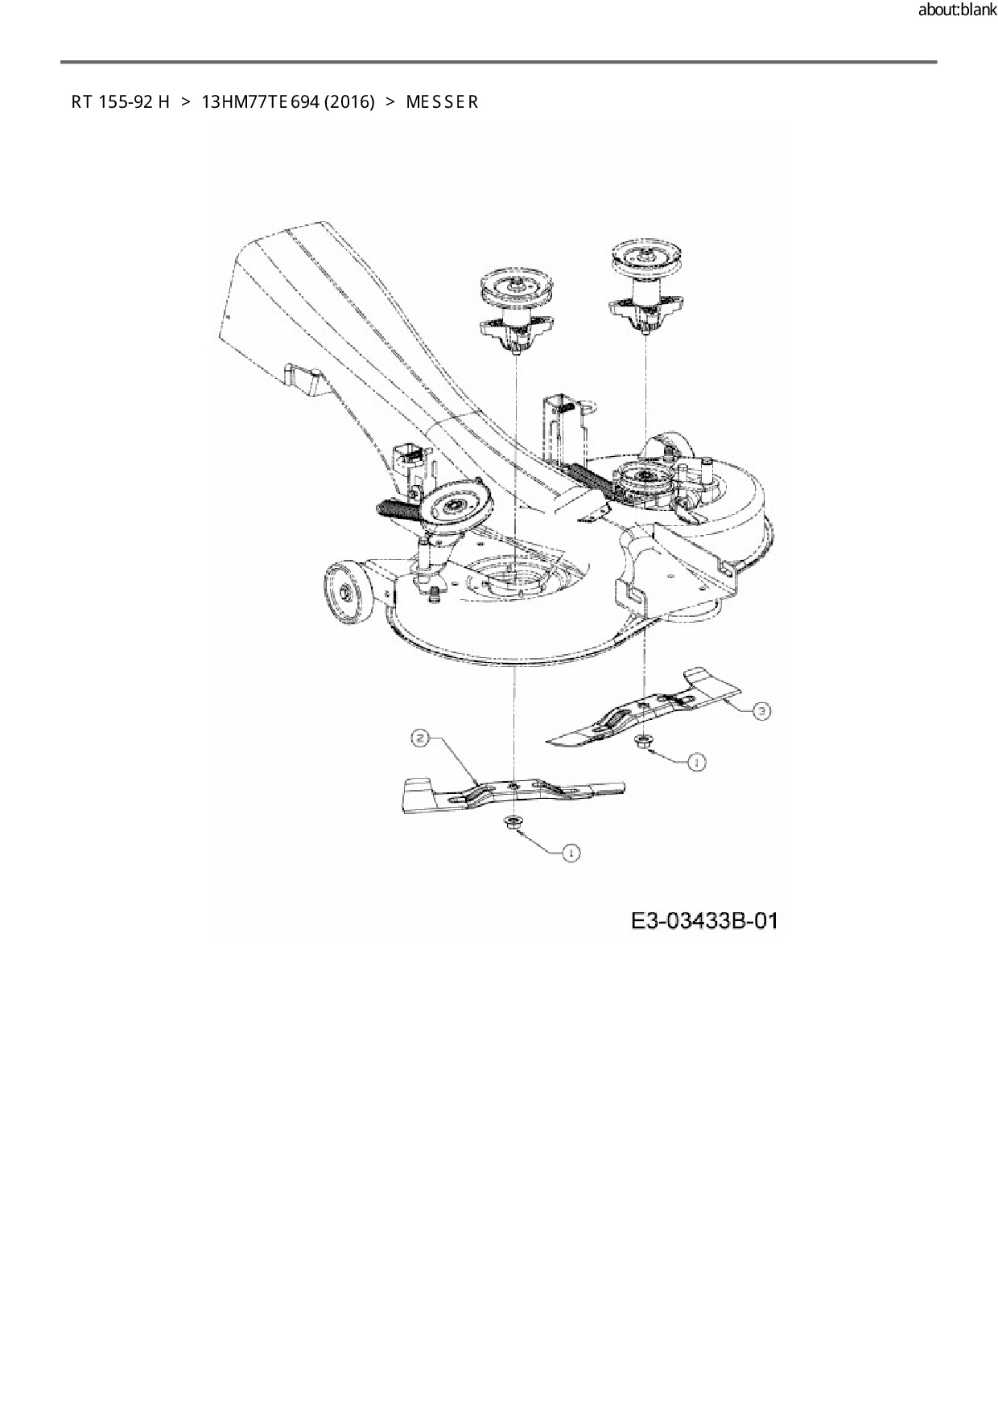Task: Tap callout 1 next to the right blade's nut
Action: point(696,761)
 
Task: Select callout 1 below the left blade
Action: point(571,854)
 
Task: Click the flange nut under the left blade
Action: point(510,821)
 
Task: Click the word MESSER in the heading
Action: point(442,102)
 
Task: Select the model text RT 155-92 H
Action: point(121,102)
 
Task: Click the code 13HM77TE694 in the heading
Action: point(260,102)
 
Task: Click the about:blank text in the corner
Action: point(957,11)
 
